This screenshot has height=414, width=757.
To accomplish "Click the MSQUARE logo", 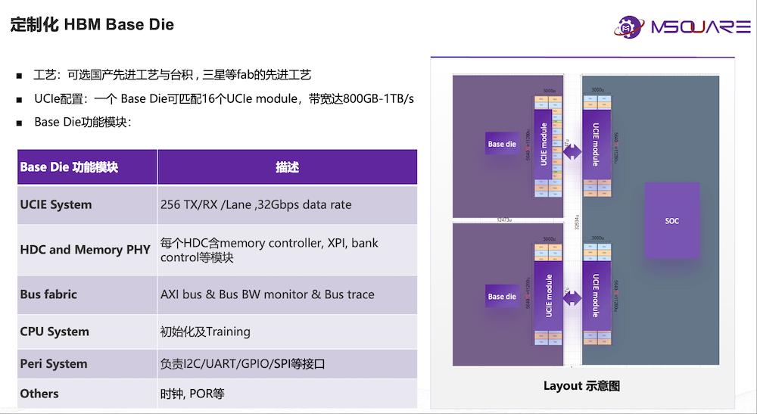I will [681, 28].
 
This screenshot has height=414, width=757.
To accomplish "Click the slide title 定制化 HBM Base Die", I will [92, 25].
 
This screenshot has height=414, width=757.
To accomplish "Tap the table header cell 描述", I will [287, 167].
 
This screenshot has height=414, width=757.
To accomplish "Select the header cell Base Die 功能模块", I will [69, 167].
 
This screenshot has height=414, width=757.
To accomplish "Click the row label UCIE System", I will [56, 204].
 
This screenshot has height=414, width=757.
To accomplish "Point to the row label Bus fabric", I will [48, 294].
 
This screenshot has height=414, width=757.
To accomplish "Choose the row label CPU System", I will [55, 332].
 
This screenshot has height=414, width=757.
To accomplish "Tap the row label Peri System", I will [54, 364].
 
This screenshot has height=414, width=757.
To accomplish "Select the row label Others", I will [39, 394].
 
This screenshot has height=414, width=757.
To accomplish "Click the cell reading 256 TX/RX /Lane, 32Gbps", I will [256, 204].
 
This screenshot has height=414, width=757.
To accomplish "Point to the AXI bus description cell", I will [267, 294].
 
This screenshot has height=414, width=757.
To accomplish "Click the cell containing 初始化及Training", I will [205, 332].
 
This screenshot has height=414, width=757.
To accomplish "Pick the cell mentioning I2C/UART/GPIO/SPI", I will [242, 364].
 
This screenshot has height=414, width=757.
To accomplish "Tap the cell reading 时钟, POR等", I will [192, 394].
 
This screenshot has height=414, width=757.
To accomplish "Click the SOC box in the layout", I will [671, 221].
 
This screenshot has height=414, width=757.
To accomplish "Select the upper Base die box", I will [501, 144].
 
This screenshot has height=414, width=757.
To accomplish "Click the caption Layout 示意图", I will [581, 386].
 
